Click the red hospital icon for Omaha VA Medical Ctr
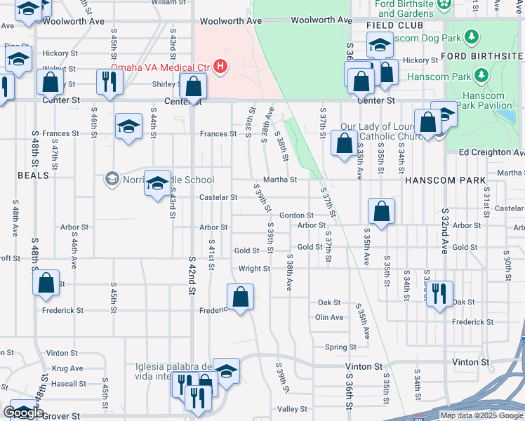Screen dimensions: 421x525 point(220,67)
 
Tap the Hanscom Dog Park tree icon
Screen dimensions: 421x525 point(472,36)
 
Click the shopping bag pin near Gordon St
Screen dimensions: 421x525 point(381,210)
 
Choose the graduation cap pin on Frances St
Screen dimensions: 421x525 point(128,126)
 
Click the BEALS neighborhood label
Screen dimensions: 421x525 point(34,175)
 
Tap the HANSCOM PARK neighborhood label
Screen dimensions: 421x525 point(445,180)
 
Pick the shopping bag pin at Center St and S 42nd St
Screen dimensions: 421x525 point(193,86)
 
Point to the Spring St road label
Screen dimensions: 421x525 point(340,347)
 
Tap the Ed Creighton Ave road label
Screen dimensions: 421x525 point(491,152)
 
